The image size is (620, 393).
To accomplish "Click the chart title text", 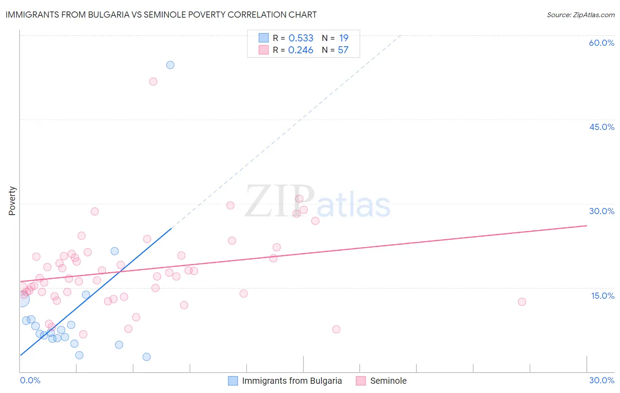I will click(x=161, y=15).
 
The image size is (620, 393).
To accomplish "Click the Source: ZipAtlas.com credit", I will click(x=580, y=15).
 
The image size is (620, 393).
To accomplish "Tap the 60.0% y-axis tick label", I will click(x=601, y=43).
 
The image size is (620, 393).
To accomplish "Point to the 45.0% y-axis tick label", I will click(x=601, y=127).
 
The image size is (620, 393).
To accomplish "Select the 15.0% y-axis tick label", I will click(x=602, y=295).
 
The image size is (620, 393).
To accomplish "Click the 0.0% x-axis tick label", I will click(x=30, y=380).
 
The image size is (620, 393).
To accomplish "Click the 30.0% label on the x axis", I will click(x=601, y=380).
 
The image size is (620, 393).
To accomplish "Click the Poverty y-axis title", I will click(x=12, y=201).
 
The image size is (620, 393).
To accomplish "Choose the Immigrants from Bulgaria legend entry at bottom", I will click(x=291, y=381).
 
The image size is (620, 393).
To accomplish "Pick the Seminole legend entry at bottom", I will click(x=388, y=381).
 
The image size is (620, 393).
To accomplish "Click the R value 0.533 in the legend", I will click(x=301, y=38).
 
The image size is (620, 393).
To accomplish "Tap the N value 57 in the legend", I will click(x=343, y=50).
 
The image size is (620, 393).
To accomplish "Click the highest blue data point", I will click(x=170, y=65).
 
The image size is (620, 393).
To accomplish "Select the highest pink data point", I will click(x=153, y=82).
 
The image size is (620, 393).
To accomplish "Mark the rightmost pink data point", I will click(x=522, y=302).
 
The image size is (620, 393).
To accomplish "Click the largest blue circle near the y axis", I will click(x=22, y=300).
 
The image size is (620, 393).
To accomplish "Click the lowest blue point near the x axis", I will click(x=146, y=357).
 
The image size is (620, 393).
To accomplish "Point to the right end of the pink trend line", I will click(x=586, y=226).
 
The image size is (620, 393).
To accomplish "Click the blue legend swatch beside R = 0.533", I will click(x=263, y=38).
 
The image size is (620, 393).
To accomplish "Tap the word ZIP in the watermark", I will click(x=280, y=202).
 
